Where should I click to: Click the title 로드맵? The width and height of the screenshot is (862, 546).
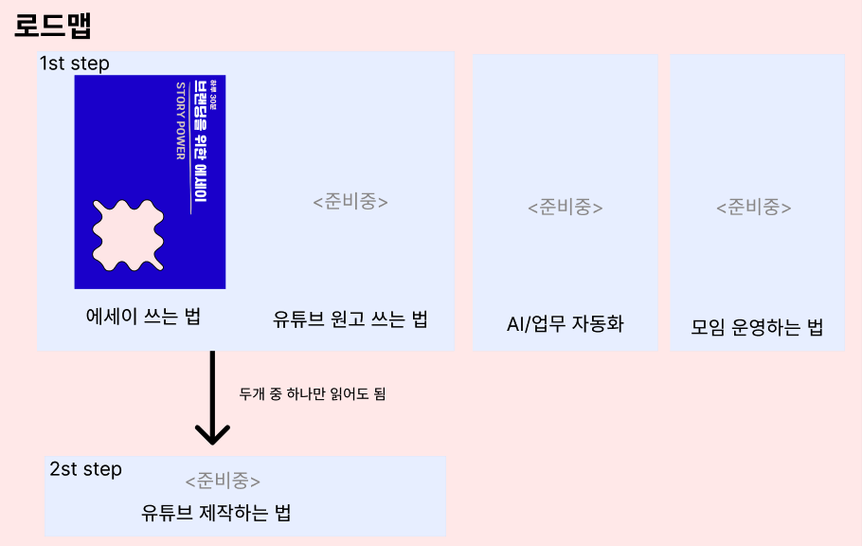pyautogui.click(x=53, y=25)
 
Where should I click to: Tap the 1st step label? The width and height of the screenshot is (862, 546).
pyautogui.click(x=75, y=64)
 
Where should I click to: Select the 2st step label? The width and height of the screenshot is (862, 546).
pyautogui.click(x=85, y=469)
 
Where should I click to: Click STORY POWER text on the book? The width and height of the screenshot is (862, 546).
pyautogui.click(x=180, y=120)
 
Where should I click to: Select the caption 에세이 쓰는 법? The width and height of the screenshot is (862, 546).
pyautogui.click(x=143, y=317)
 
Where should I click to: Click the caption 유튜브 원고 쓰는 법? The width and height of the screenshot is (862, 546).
pyautogui.click(x=350, y=319)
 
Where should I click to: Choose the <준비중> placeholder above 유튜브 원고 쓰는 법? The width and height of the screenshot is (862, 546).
pyautogui.click(x=350, y=202)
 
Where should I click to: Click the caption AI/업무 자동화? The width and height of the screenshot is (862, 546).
pyautogui.click(x=566, y=324)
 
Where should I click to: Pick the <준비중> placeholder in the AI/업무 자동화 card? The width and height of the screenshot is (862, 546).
pyautogui.click(x=566, y=207)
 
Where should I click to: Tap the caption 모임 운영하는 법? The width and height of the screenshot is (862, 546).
pyautogui.click(x=757, y=328)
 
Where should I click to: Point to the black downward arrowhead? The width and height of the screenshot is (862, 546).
pyautogui.click(x=212, y=434)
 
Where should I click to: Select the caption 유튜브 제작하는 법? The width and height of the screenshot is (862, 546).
pyautogui.click(x=216, y=514)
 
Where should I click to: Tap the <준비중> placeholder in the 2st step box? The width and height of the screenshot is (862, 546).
pyautogui.click(x=224, y=481)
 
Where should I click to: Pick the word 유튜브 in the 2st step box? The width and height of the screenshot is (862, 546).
pyautogui.click(x=167, y=514)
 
